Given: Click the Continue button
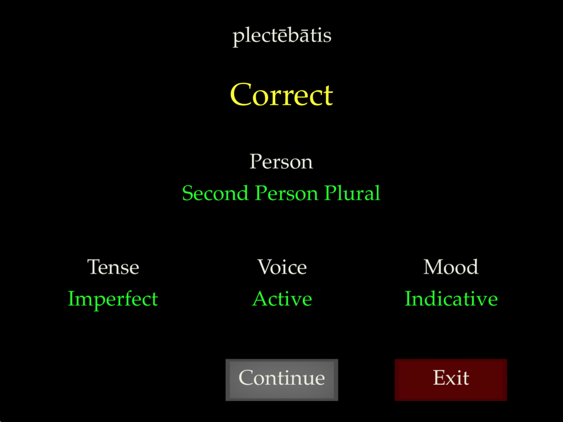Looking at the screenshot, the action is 281,380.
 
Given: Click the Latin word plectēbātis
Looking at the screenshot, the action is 282,36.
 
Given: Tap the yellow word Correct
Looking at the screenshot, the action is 281,95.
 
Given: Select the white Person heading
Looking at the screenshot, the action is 281,162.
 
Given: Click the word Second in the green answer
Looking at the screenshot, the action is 215,193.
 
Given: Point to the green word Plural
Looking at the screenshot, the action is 351,193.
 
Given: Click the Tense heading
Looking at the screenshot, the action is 113,267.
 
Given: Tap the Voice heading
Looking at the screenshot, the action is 282,267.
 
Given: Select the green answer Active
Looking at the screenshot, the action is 282,299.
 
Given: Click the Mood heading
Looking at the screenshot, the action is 450,267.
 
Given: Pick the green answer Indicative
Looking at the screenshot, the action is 451,299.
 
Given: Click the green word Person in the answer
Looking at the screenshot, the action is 286,193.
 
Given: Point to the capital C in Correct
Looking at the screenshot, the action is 240,95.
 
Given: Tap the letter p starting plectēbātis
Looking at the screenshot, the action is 238,38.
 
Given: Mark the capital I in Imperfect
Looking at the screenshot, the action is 71,299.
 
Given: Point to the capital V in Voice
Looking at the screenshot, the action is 265,267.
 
